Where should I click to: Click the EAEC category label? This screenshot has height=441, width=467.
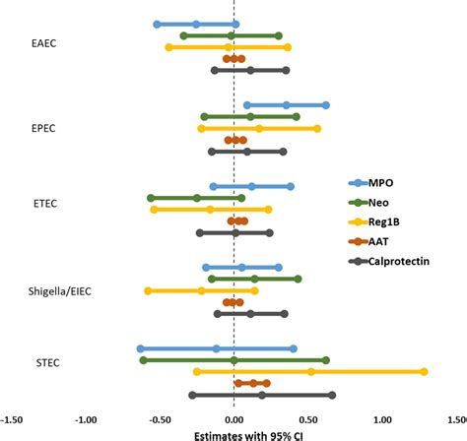44,45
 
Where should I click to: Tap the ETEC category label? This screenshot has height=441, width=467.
44,204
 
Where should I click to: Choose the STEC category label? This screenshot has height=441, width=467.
45,362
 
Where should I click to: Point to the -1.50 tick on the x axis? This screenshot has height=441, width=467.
14,417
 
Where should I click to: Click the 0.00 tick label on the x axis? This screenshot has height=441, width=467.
233,417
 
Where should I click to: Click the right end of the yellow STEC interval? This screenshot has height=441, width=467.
424,371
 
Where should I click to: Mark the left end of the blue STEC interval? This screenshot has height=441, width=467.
140,348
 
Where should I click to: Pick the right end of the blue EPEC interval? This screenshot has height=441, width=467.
326,104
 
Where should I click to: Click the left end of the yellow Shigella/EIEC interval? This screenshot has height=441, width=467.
148,290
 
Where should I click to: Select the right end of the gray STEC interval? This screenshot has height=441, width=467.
332,395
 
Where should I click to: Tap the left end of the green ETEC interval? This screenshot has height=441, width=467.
151,197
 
